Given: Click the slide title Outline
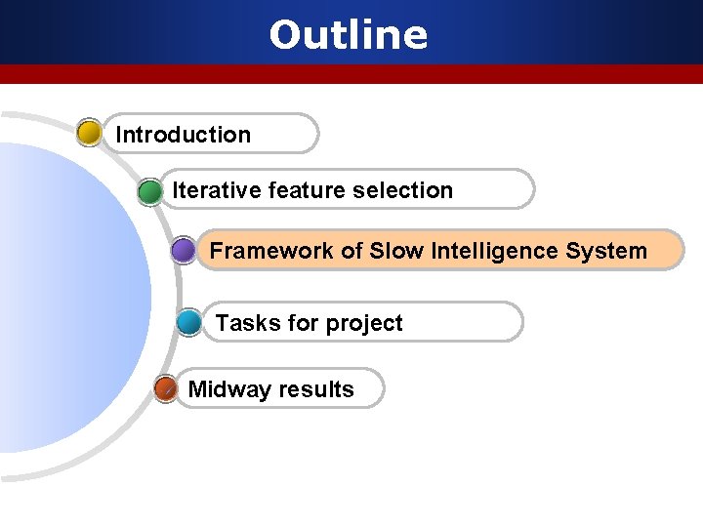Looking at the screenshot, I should pyautogui.click(x=349, y=35).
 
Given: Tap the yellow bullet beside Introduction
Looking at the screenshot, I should pyautogui.click(x=89, y=133).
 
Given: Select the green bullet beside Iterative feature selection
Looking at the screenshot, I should pyautogui.click(x=150, y=190).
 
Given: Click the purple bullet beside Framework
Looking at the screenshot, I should pyautogui.click(x=183, y=251).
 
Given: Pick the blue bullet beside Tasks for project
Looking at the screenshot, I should pyautogui.click(x=189, y=323).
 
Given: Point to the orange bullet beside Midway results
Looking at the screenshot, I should pyautogui.click(x=166, y=388).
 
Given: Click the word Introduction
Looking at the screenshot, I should pyautogui.click(x=183, y=135).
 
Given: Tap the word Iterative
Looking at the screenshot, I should pyautogui.click(x=205, y=190).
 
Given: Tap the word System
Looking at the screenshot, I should pyautogui.click(x=611, y=251).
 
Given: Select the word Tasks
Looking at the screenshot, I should pyautogui.click(x=241, y=323).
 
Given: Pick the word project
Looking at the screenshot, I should pyautogui.click(x=365, y=324).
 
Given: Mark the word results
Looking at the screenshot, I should pyautogui.click(x=315, y=389).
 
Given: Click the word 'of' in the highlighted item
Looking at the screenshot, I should pyautogui.click(x=351, y=251).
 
